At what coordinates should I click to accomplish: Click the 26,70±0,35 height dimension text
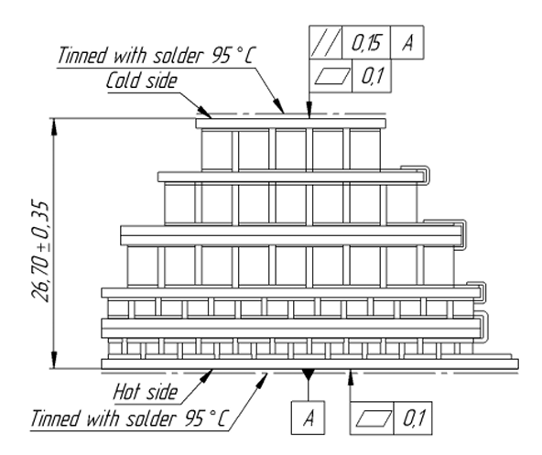point(40,250)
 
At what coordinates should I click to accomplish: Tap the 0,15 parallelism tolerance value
point(366,43)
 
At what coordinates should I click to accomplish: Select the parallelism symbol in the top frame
point(325,42)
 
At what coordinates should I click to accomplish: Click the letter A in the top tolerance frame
point(407,43)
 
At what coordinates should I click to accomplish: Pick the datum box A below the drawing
point(308,417)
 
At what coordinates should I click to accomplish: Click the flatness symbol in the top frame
point(331,76)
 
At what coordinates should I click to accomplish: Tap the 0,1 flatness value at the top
point(373,76)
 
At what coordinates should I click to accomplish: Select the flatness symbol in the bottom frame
point(372,418)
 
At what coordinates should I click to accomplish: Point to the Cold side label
point(141,81)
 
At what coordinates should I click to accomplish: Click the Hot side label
point(146,392)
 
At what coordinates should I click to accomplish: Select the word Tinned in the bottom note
point(56,418)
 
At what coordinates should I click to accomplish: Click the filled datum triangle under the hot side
point(308,374)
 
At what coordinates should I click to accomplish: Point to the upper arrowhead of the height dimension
point(54,127)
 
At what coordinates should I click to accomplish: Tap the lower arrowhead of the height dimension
point(54,360)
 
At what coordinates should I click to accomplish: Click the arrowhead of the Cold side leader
point(205,113)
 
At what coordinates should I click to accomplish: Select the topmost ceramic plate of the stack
point(291,124)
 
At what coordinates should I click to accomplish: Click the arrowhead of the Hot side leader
point(206,375)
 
